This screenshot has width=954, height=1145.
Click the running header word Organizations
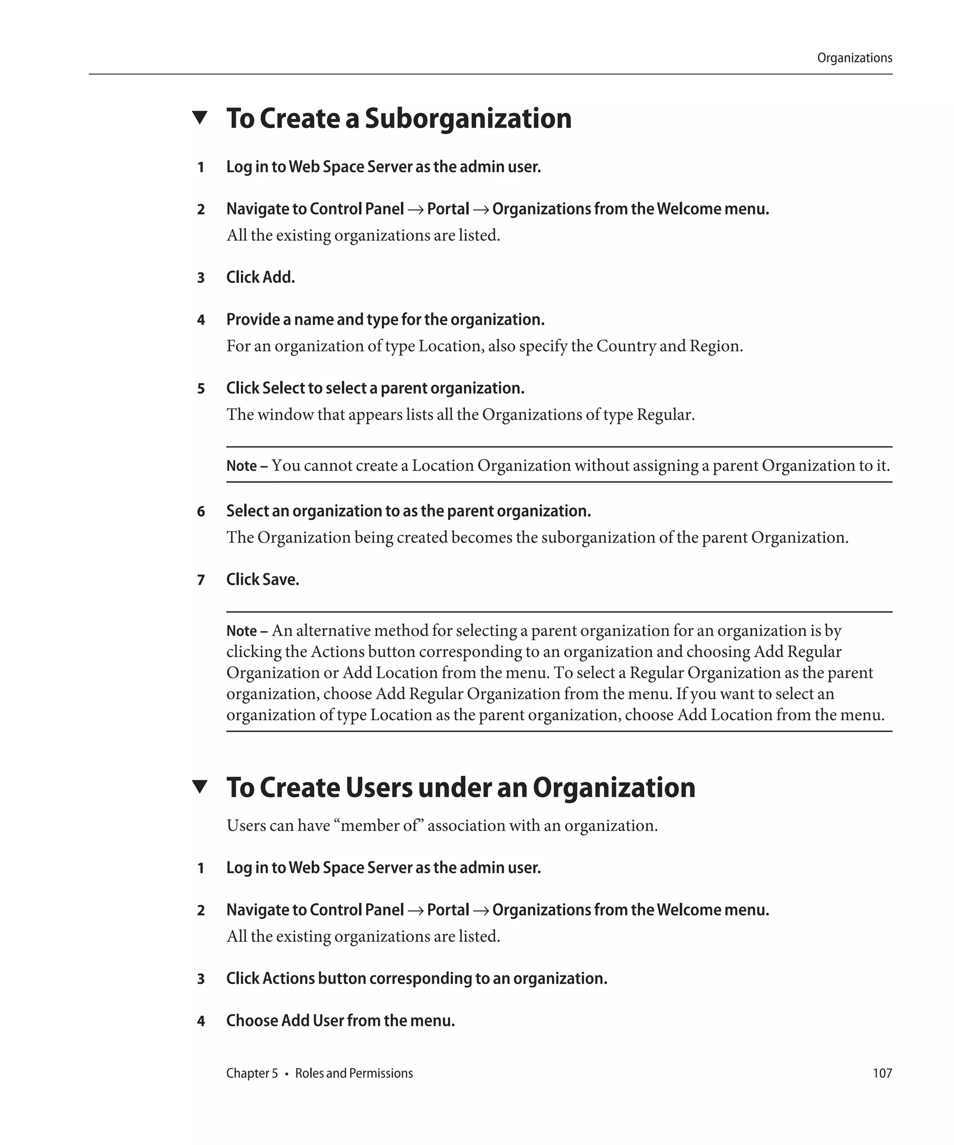(854, 58)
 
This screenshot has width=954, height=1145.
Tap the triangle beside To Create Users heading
(200, 786)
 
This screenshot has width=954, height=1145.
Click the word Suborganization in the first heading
(468, 118)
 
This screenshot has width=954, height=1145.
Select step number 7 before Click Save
(201, 580)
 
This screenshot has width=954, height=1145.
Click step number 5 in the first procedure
(201, 389)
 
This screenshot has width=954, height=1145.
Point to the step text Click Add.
(260, 278)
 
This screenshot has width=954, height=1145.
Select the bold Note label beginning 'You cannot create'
(241, 466)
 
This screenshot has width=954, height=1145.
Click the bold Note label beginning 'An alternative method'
(241, 631)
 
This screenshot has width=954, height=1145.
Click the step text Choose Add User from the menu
(340, 1020)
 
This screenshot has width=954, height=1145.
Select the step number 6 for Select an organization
(201, 511)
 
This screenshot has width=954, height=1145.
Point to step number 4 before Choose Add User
(201, 1021)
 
